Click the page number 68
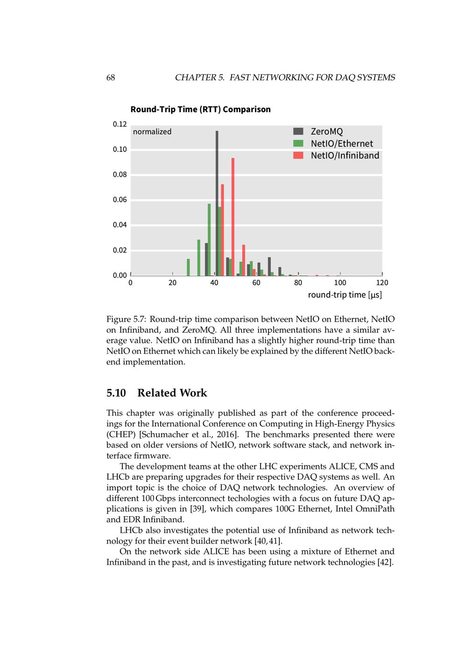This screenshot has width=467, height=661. click(111, 78)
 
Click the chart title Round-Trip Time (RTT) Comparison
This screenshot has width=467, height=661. click(200, 109)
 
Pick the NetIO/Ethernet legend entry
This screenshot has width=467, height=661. click(341, 144)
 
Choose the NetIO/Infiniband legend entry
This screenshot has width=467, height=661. click(345, 156)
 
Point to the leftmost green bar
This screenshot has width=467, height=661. click(188, 267)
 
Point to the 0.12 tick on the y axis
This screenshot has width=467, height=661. click(120, 124)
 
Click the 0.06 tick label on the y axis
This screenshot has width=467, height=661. click(120, 200)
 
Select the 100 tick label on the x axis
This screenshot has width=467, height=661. click(340, 283)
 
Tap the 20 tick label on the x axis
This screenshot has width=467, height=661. click(172, 283)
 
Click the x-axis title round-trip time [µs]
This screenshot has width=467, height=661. click(345, 295)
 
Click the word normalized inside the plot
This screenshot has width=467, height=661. click(152, 132)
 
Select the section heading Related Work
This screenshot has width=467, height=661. click(172, 393)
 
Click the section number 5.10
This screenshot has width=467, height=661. click(116, 393)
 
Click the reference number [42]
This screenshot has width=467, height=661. click(385, 562)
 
